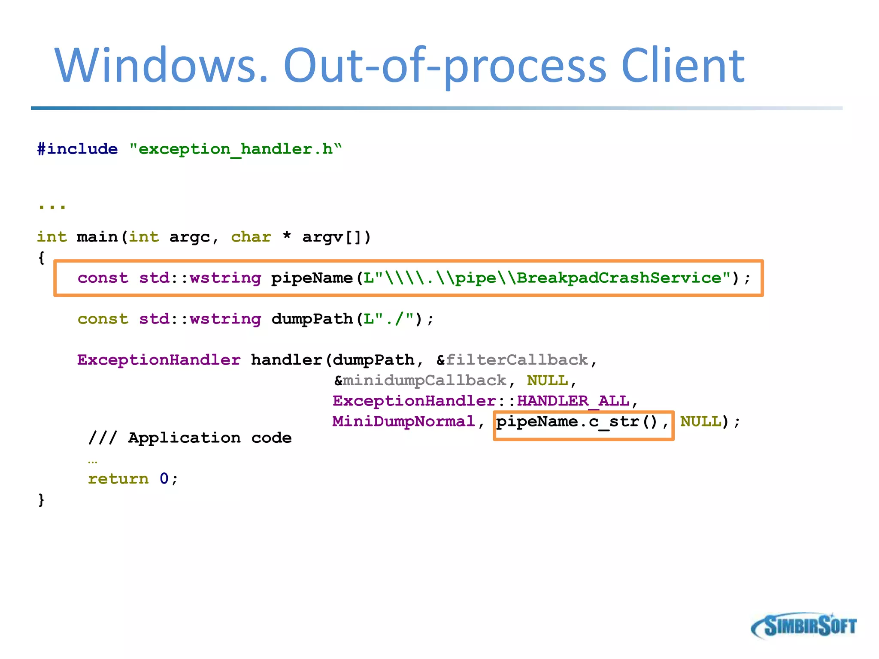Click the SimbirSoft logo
[804, 626]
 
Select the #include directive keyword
[78, 149]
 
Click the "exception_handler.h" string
[235, 149]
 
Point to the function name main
[97, 237]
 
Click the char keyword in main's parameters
[251, 237]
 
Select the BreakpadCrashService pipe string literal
[547, 278]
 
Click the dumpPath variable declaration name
[312, 319]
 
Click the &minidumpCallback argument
[420, 381]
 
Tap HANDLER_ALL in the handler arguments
[573, 401]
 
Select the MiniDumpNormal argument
[404, 421]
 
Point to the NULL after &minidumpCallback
[547, 381]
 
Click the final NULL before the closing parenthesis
[701, 421]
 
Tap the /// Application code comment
[190, 438]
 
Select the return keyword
[118, 479]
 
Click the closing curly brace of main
[41, 500]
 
